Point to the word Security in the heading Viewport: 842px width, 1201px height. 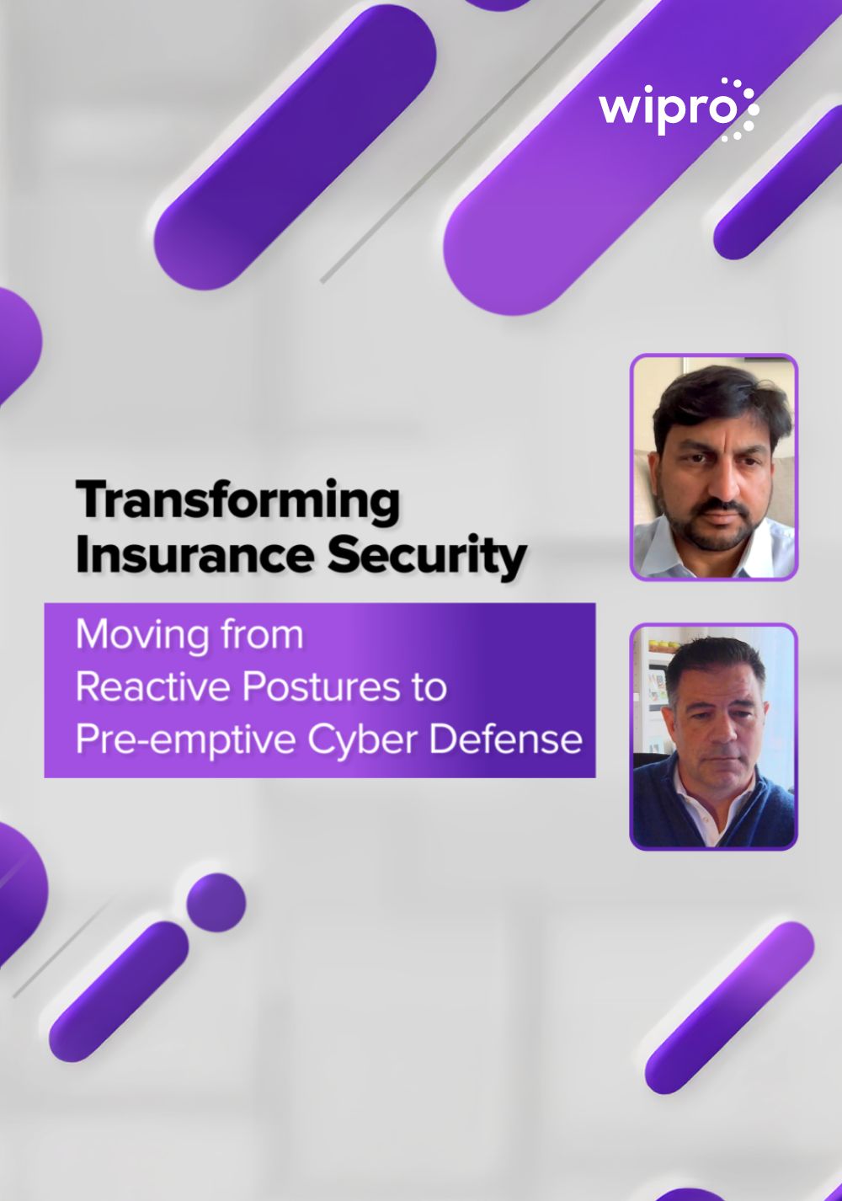coord(427,557)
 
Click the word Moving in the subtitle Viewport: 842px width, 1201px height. coord(142,635)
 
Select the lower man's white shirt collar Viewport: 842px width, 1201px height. coord(696,788)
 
